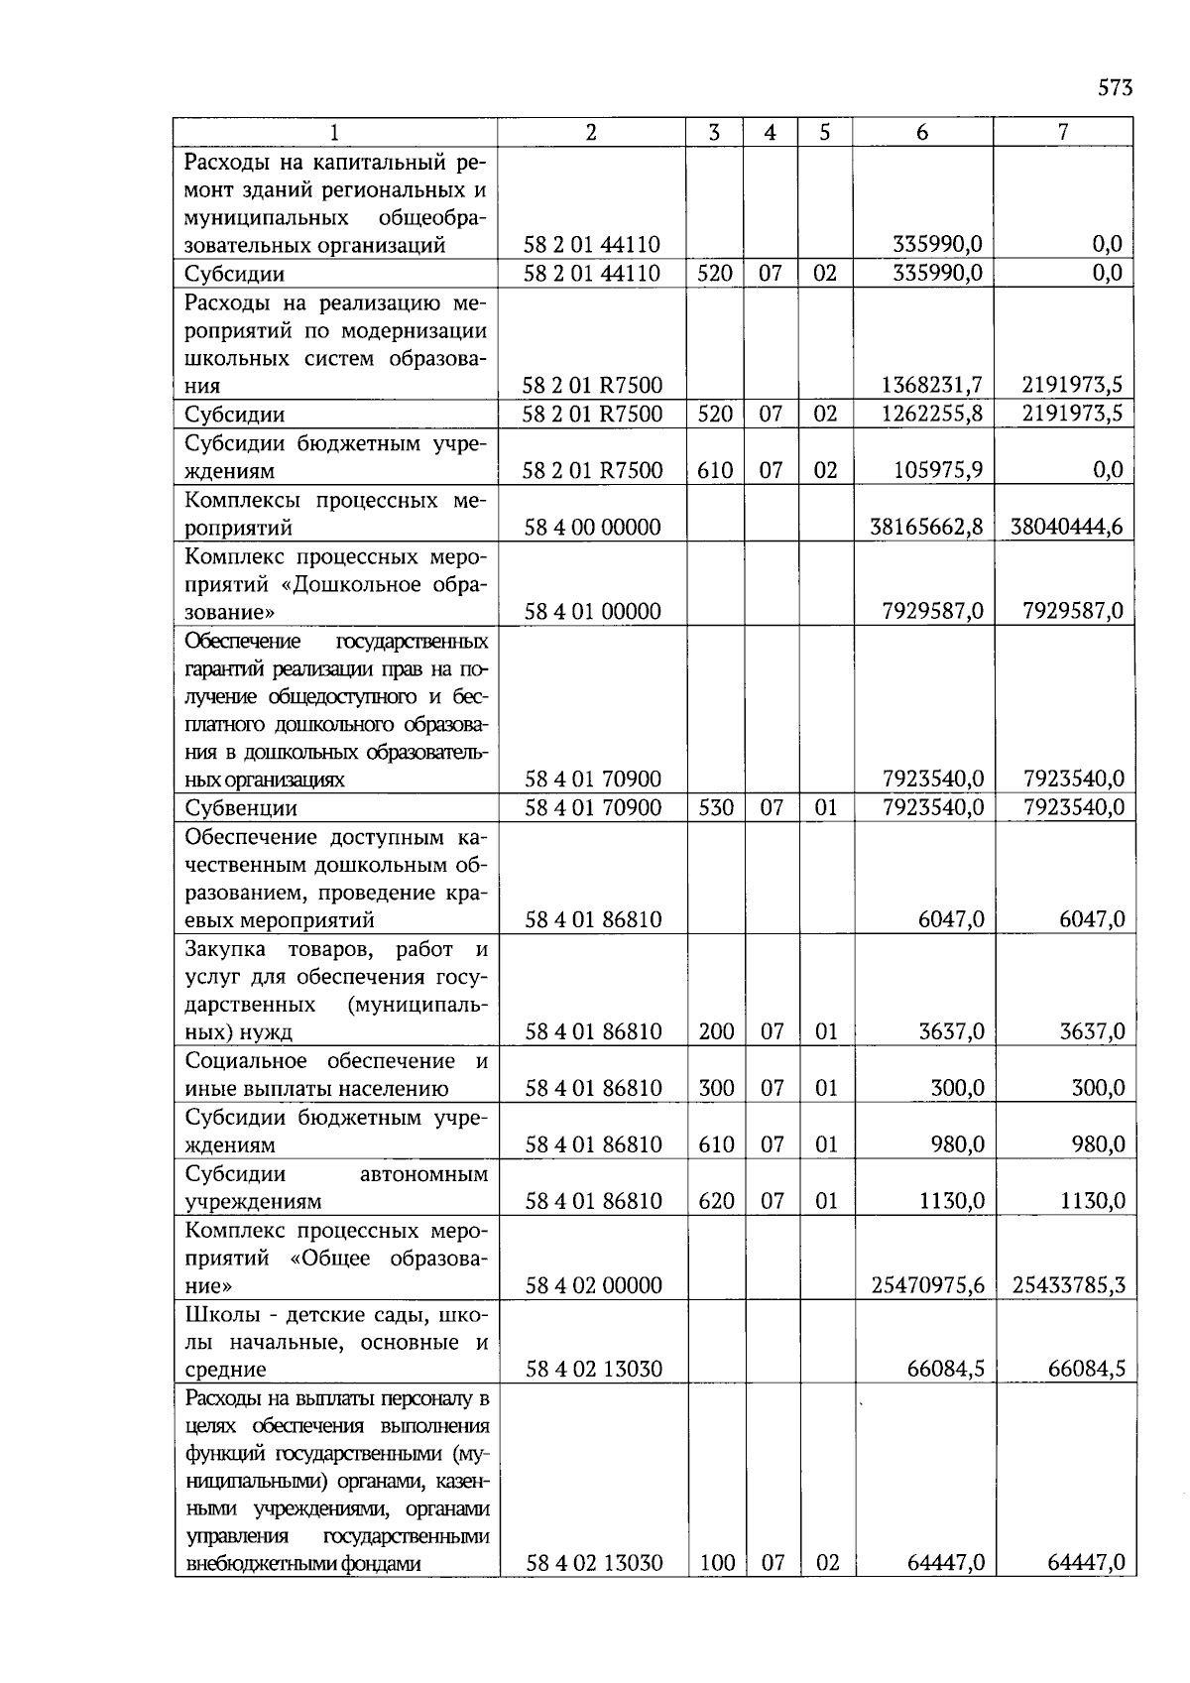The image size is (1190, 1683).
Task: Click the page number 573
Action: pos(1115,88)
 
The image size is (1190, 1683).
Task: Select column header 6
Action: pos(922,132)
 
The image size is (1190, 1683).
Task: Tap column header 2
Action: pos(591,132)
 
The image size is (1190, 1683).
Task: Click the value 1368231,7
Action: pos(931,385)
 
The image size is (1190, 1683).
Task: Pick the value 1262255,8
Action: pos(931,414)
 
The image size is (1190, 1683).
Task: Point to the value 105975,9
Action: pos(938,470)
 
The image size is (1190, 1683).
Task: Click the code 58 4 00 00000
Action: pos(592,527)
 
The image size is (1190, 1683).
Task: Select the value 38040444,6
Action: pos(1066,527)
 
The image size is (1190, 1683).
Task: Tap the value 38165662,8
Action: pos(926,527)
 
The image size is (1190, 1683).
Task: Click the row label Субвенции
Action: pos(241,808)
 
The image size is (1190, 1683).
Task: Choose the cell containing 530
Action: pos(715,807)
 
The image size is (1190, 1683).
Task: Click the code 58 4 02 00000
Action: pos(593,1285)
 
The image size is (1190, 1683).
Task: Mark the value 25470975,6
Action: pos(927,1285)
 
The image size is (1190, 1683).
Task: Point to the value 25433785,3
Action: pos(1068,1285)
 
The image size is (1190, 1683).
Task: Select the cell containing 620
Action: pos(716,1201)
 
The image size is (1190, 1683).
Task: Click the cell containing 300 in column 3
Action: pos(716,1088)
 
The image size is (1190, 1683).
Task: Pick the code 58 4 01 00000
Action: pos(592,611)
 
